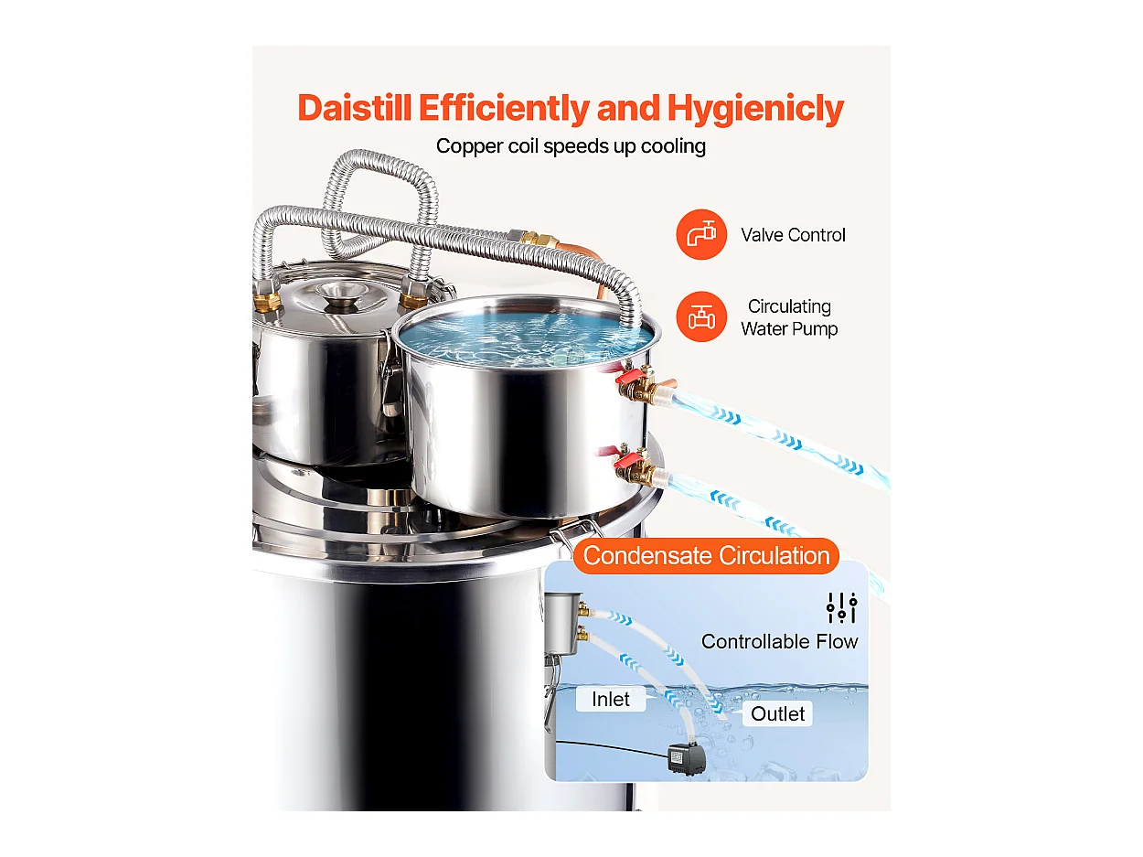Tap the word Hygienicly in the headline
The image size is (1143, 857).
click(x=754, y=108)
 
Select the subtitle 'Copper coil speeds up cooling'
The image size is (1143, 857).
click(x=571, y=146)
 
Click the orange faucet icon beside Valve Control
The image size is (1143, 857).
click(x=701, y=234)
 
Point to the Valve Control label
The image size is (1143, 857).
click(x=793, y=235)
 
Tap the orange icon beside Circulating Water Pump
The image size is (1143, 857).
click(x=701, y=316)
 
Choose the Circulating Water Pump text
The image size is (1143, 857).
click(x=789, y=317)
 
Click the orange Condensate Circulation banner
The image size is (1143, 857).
click(x=706, y=555)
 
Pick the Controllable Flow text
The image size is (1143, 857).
click(x=779, y=641)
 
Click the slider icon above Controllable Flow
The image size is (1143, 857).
click(x=840, y=606)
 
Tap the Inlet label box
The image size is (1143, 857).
click(x=610, y=700)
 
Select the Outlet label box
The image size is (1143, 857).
click(x=777, y=713)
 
